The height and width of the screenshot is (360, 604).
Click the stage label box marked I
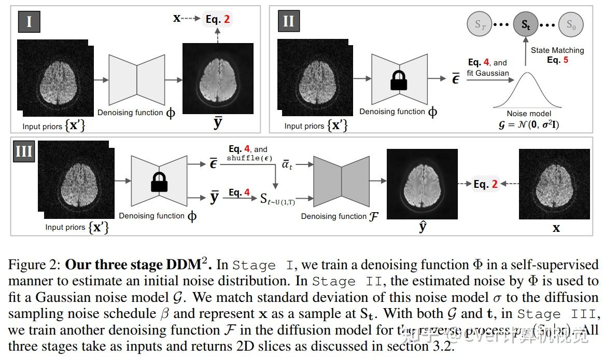click(29, 22)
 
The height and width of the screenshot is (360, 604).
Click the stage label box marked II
click(288, 22)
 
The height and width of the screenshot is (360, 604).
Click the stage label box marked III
click(24, 151)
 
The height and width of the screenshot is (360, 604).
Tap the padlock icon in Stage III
click(159, 183)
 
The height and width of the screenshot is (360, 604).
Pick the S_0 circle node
click(570, 24)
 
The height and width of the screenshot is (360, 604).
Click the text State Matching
click(557, 50)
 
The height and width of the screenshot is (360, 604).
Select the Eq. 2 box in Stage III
click(485, 184)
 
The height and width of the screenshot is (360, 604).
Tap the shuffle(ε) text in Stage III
click(247, 158)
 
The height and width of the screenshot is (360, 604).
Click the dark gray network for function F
click(342, 184)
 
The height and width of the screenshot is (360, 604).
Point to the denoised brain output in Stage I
click(218, 78)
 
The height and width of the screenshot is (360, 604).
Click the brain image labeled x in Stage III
click(554, 184)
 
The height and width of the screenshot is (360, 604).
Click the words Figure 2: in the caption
click(34, 265)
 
